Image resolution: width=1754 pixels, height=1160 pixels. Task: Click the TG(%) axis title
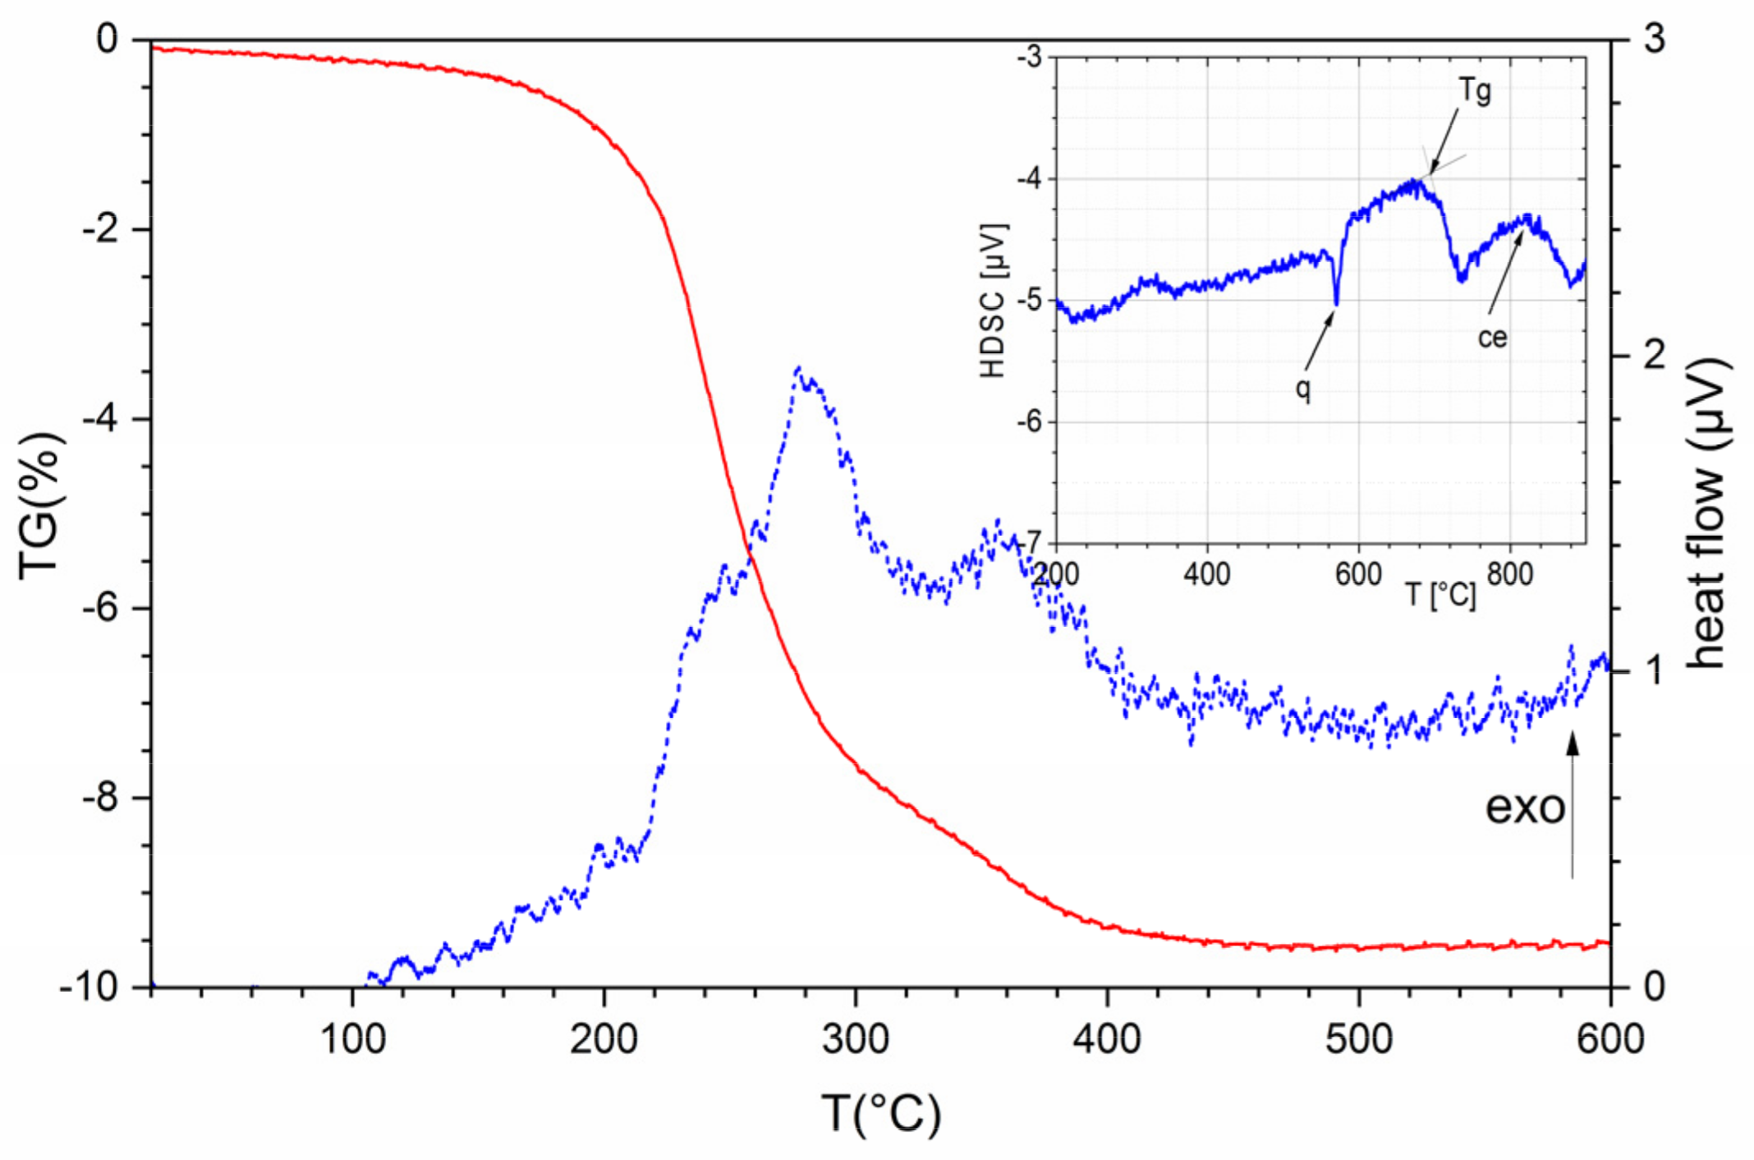pyautogui.click(x=41, y=505)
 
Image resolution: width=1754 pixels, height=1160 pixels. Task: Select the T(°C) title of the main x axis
pyautogui.click(x=880, y=1113)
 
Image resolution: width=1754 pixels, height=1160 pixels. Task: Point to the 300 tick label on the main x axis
pyautogui.click(x=856, y=1039)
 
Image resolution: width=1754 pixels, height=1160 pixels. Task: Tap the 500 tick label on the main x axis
pyautogui.click(x=1359, y=1039)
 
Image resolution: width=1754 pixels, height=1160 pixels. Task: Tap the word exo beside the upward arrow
pyautogui.click(x=1525, y=808)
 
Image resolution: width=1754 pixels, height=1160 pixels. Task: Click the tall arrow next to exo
pyautogui.click(x=1573, y=805)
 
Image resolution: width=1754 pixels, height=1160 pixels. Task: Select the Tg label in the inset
pyautogui.click(x=1475, y=90)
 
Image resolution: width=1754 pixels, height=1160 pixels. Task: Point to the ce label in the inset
pyautogui.click(x=1492, y=337)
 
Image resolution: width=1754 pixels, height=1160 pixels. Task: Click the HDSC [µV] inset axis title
pyautogui.click(x=993, y=300)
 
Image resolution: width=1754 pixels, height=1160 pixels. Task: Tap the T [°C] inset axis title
pyautogui.click(x=1440, y=594)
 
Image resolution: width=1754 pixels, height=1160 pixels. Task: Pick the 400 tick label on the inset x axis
pyautogui.click(x=1207, y=573)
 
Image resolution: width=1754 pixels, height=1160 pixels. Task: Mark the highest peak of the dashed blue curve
pyautogui.click(x=798, y=369)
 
